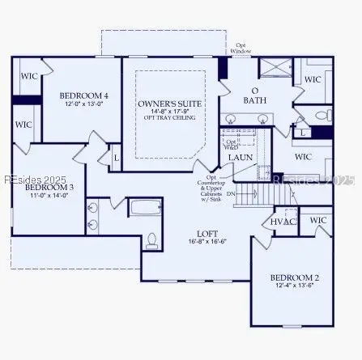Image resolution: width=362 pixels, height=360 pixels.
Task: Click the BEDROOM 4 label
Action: [84, 95]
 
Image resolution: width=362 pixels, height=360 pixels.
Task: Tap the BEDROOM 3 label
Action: [50, 187]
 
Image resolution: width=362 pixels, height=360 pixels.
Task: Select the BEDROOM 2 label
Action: [295, 278]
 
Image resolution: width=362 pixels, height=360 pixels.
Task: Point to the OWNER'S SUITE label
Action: [170, 104]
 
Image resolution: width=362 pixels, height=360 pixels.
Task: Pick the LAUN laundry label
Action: [241, 157]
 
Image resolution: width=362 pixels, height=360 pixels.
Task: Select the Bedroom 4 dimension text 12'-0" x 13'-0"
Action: [84, 104]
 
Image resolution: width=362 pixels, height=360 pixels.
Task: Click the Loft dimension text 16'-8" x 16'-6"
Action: [207, 240]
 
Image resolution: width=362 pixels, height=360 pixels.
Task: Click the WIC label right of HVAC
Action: [318, 220]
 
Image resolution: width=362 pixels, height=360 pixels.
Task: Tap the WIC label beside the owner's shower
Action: [313, 79]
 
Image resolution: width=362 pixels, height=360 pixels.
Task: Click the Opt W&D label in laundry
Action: [231, 144]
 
